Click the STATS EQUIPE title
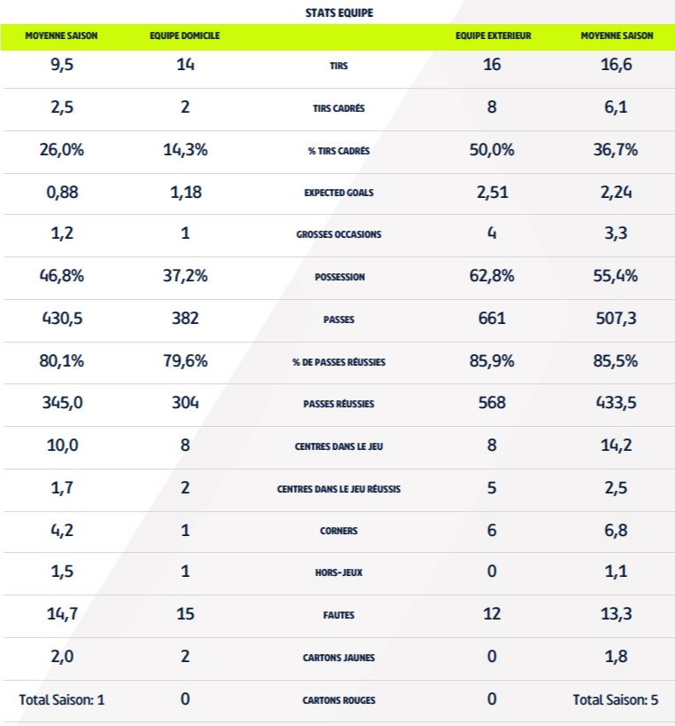tap(338, 13)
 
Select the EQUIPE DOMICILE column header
tap(185, 36)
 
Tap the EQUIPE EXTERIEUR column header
tap(492, 36)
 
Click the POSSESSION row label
tap(338, 277)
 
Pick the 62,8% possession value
tap(492, 276)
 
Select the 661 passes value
tap(492, 318)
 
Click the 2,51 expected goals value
tap(492, 193)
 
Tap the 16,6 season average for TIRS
tap(615, 67)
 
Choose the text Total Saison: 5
tap(615, 699)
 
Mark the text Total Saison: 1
tap(62, 699)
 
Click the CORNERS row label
tap(338, 532)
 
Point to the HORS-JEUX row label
tap(338, 573)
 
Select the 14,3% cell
tap(185, 150)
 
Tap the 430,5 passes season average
tap(62, 318)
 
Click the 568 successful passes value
tap(492, 402)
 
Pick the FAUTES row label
tap(338, 615)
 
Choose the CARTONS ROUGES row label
tap(338, 700)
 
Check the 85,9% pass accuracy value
tap(492, 360)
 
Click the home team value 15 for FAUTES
tap(185, 614)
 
